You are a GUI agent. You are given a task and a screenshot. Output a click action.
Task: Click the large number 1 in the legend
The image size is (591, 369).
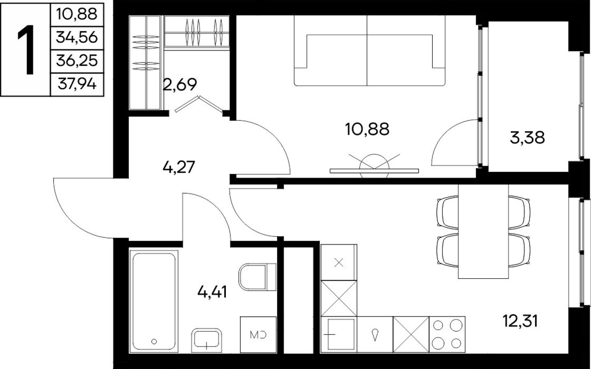point(25,49)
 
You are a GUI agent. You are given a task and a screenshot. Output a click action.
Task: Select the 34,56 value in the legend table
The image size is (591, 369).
point(76,38)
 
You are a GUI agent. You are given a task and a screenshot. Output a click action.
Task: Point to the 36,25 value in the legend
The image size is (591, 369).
point(76,61)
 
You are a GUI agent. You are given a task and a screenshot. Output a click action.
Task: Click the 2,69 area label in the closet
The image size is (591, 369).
point(180,85)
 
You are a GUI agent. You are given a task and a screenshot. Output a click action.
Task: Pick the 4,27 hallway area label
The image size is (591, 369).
point(179,167)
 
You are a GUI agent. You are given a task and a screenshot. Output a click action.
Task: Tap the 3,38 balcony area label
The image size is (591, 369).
point(527,137)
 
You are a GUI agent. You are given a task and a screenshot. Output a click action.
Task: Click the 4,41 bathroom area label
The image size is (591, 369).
point(212,291)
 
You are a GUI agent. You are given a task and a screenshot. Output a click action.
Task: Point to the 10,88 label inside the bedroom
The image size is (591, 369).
point(367,129)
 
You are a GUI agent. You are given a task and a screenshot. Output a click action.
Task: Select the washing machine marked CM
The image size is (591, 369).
point(258,334)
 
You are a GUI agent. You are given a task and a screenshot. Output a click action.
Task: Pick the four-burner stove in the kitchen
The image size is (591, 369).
point(447,334)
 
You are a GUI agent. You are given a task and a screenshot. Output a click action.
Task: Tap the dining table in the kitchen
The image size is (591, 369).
point(483,231)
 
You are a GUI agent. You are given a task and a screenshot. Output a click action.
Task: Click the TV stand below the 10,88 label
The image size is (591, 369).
point(374,170)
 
